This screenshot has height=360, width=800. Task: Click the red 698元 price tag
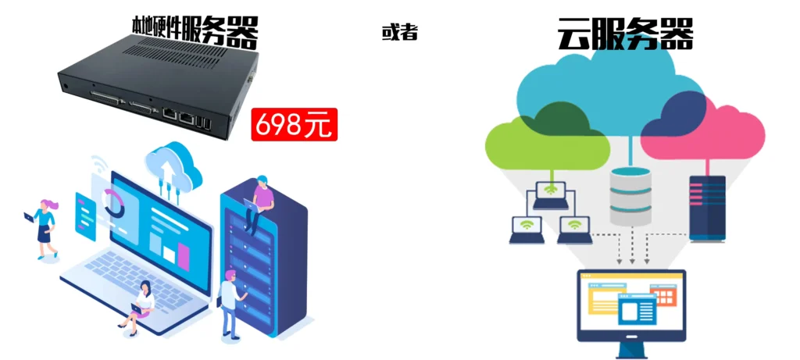[x=294, y=125]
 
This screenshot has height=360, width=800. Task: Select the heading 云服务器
[x=625, y=34]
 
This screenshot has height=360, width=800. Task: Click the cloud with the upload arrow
[x=173, y=166]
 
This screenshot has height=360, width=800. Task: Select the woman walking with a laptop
[x=45, y=226]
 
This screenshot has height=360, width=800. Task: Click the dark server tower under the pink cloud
[x=707, y=207]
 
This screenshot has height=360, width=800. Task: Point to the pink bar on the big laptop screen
[x=184, y=255]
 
